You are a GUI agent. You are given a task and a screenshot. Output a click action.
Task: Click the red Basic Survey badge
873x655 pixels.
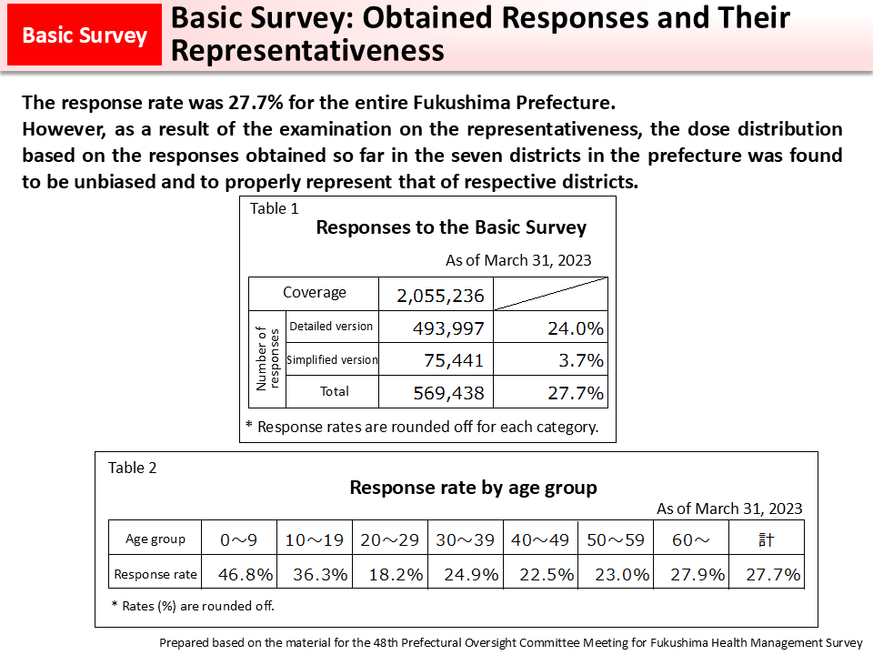point(85,35)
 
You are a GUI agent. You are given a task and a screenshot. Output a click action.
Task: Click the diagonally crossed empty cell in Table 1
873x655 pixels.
point(551,294)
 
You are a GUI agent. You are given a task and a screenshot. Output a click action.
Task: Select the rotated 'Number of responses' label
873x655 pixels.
point(267,358)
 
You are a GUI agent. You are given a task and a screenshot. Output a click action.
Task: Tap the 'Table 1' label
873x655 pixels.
point(275,208)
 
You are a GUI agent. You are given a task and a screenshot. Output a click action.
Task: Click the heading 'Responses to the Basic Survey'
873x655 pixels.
point(451,227)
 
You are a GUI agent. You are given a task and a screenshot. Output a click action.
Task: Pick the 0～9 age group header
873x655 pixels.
point(239,539)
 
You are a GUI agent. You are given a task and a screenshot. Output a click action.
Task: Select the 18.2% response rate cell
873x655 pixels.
point(390,574)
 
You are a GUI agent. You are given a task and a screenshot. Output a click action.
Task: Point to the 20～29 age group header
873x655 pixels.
point(390,539)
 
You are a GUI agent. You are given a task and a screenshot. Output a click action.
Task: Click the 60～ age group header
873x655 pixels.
point(690,539)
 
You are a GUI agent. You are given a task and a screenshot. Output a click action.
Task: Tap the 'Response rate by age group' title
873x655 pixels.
point(473,488)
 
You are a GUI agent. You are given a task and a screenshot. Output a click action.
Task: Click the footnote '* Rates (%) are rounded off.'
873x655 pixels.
point(193,605)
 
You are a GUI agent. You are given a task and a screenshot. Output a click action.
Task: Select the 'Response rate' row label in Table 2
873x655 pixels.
point(156,574)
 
